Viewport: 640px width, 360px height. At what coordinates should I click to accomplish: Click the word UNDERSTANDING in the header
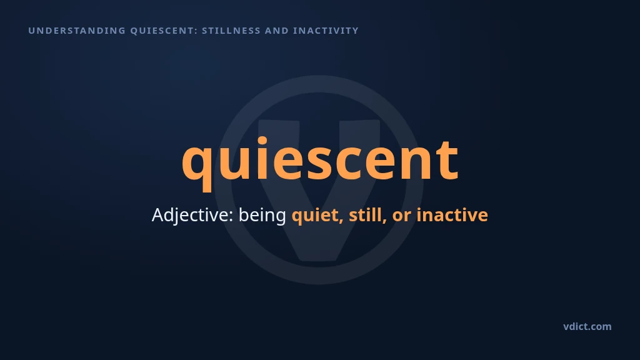(x=77, y=31)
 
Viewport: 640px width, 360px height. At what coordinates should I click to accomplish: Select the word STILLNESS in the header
(x=231, y=31)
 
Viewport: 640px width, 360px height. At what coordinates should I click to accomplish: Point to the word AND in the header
(x=277, y=31)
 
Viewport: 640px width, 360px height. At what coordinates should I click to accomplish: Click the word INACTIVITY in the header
(x=326, y=31)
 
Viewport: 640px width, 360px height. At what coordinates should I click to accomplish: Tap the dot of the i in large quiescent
(x=262, y=141)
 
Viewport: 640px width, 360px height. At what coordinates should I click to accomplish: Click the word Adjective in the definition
(x=192, y=216)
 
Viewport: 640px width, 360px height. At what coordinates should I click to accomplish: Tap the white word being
(x=262, y=216)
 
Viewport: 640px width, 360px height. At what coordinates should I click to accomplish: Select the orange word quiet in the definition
(x=317, y=216)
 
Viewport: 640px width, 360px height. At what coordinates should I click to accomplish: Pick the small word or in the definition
(x=402, y=216)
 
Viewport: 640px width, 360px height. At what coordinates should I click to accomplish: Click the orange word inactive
(x=452, y=215)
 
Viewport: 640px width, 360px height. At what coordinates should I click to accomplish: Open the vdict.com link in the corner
(x=587, y=326)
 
